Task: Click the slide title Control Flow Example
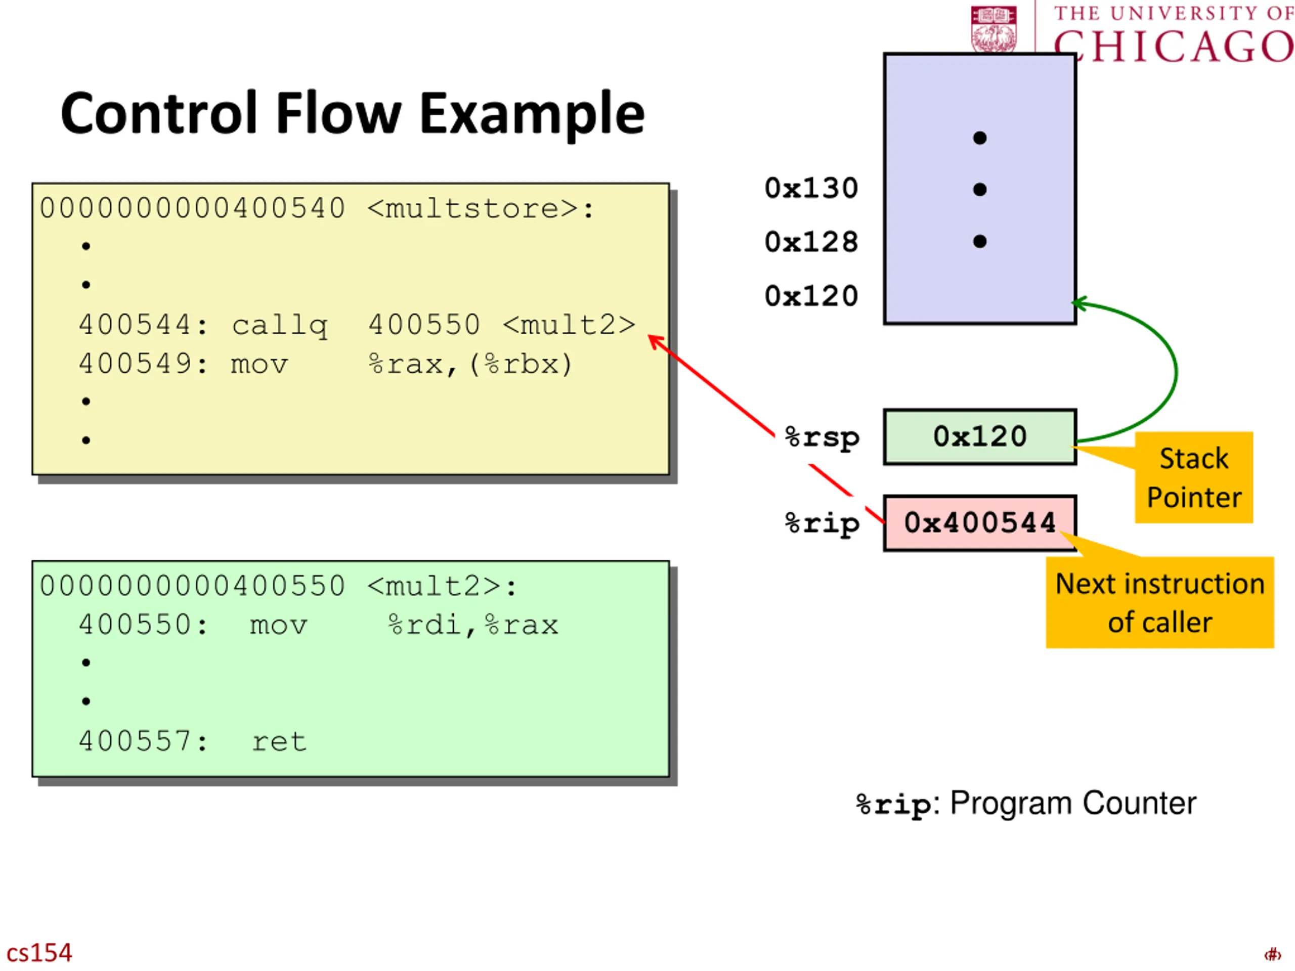click(x=353, y=114)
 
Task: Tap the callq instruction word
click(x=279, y=325)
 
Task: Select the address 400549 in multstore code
click(x=135, y=364)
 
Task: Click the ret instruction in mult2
click(x=279, y=741)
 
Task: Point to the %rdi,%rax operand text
click(x=473, y=625)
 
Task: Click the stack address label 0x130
click(x=811, y=189)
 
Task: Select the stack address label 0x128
click(x=811, y=242)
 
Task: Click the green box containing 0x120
click(x=979, y=436)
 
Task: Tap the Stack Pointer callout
click(x=1194, y=477)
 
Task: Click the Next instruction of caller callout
click(x=1160, y=602)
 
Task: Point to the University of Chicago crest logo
click(x=994, y=29)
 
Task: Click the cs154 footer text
click(x=39, y=953)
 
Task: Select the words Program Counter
click(x=1072, y=803)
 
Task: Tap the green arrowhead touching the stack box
click(x=1080, y=304)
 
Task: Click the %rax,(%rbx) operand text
click(x=470, y=364)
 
